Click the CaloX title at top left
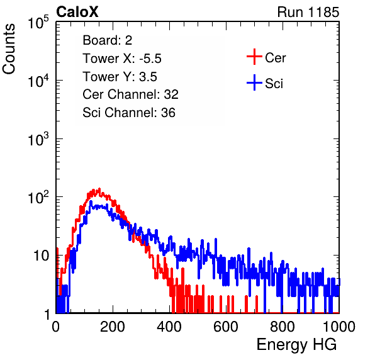[77, 12]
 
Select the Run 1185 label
[308, 12]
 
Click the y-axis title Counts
[9, 49]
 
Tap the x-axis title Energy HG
[296, 345]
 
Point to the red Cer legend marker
[254, 57]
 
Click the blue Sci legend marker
[254, 82]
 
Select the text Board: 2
[108, 40]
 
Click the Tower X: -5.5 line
[122, 59]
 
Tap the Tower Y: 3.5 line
[120, 77]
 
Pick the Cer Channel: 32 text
[131, 94]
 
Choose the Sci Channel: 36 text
[129, 113]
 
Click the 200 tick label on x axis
[113, 327]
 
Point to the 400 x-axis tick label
[169, 327]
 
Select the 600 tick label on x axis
[226, 327]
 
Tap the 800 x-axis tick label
[283, 327]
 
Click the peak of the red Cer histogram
[99, 189]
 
